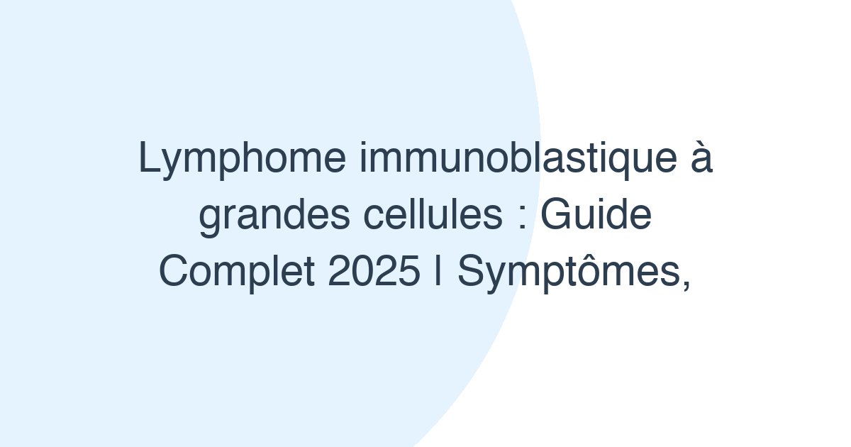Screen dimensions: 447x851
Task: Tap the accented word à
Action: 702,160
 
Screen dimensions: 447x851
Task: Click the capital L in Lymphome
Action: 147,160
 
